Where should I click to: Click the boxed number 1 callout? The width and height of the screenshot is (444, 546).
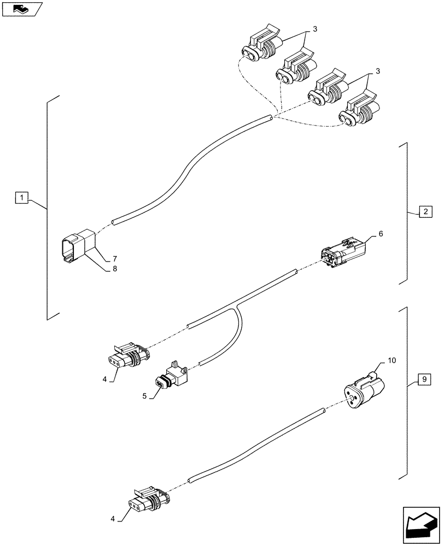[20, 197]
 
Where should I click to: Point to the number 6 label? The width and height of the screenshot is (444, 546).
[381, 234]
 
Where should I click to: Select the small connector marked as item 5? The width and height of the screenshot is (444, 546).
[169, 378]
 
